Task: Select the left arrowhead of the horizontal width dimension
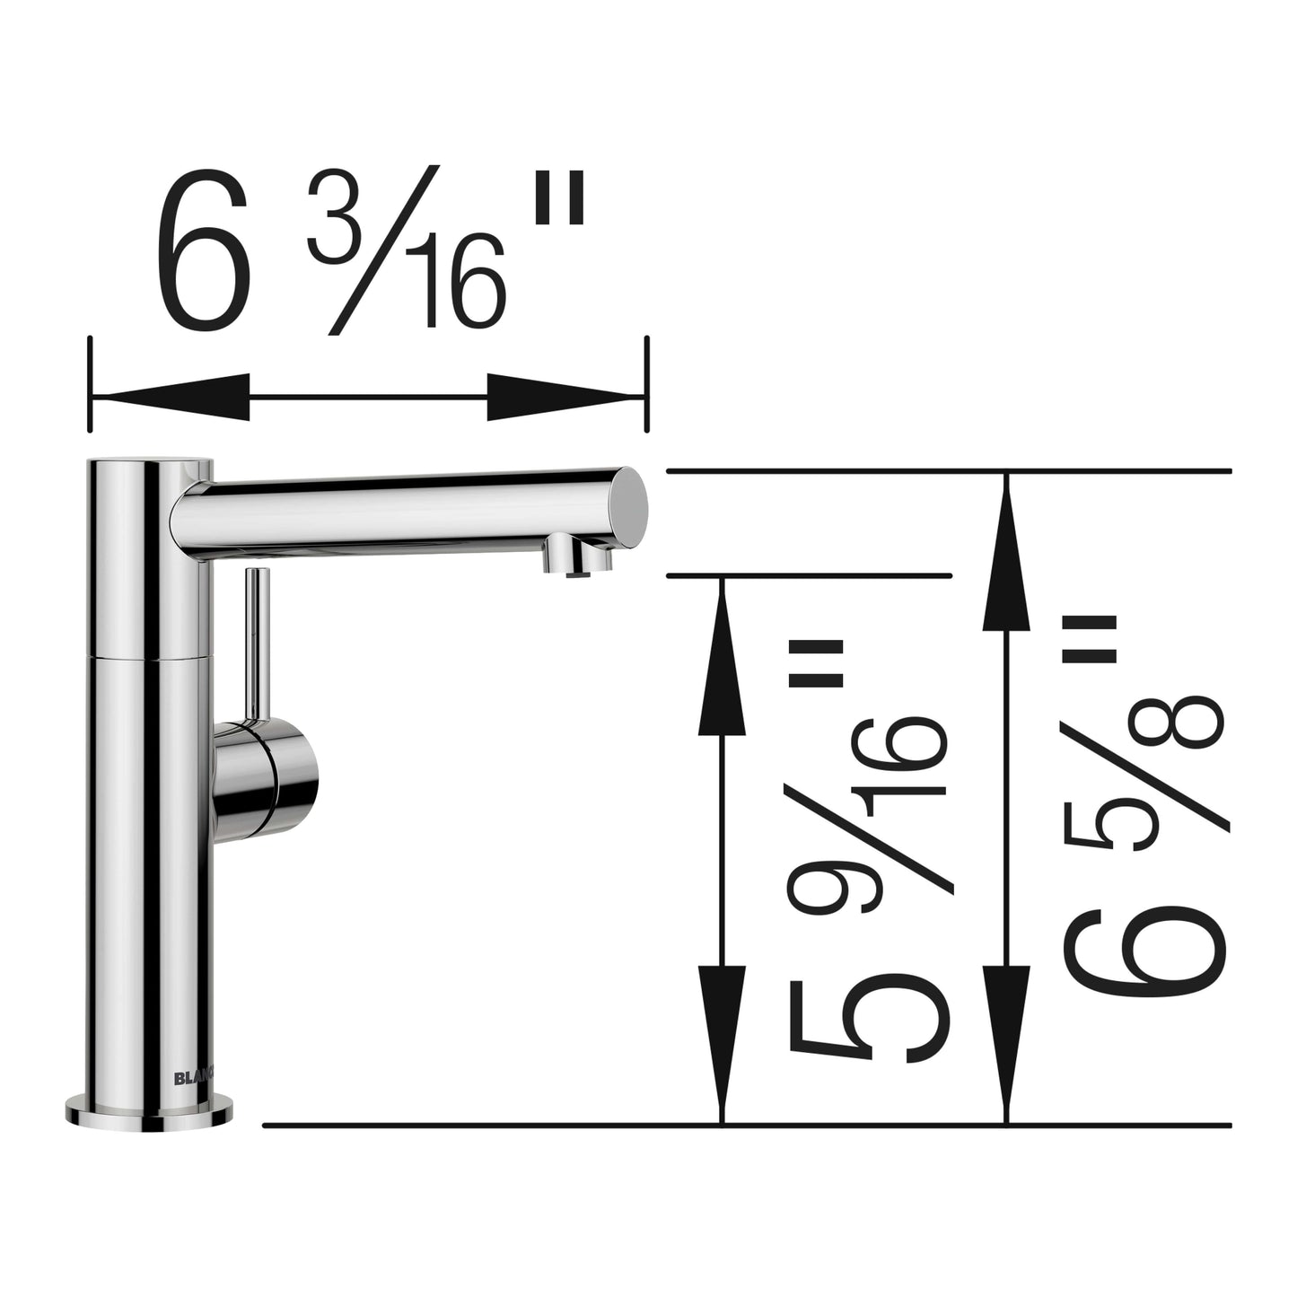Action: (171, 397)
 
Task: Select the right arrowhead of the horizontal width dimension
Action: (565, 397)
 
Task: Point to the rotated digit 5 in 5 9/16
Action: (868, 1021)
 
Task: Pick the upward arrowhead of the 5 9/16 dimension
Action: (722, 664)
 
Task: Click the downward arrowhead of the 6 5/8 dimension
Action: (1006, 1041)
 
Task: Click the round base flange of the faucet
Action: (149, 1110)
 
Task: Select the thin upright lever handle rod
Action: (258, 642)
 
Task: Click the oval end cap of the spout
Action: (632, 507)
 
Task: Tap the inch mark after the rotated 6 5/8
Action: (1089, 639)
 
